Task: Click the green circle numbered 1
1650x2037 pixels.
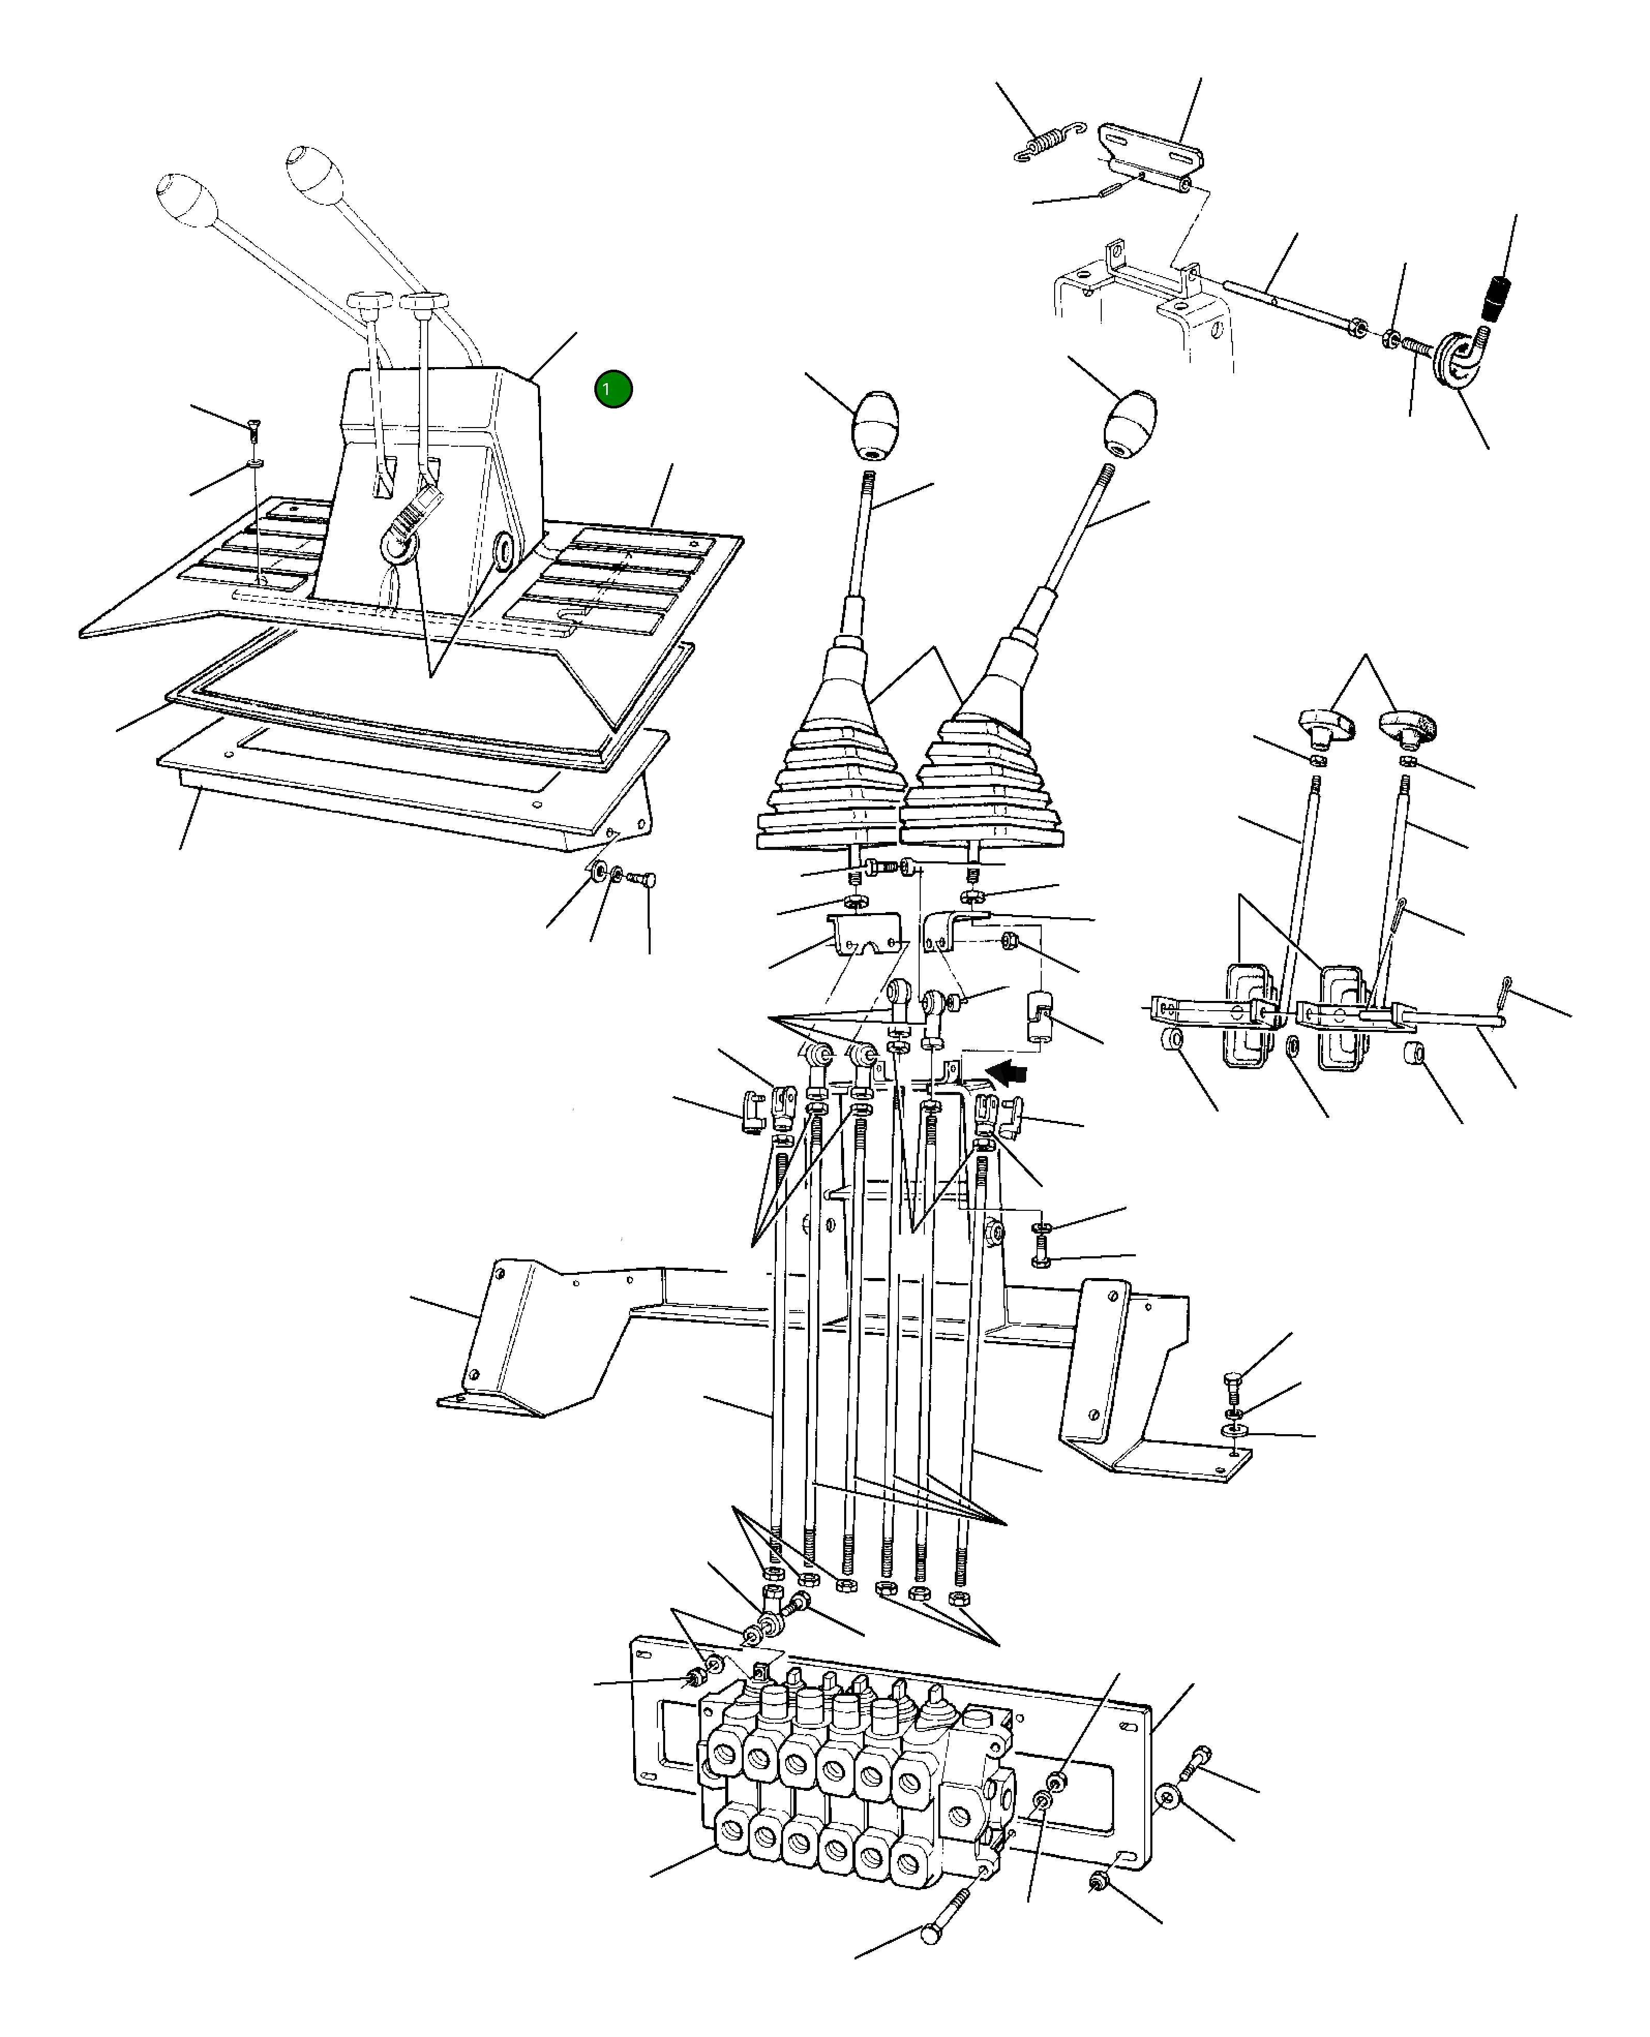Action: [613, 389]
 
